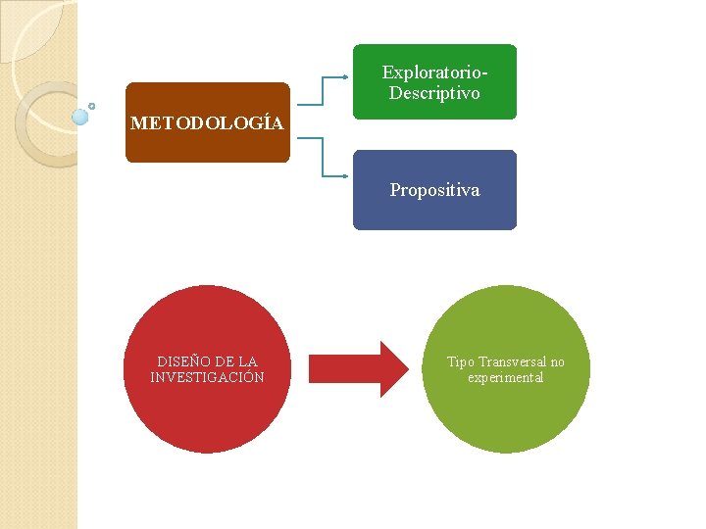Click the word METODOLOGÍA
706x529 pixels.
coord(207,123)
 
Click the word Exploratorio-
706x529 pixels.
coord(434,72)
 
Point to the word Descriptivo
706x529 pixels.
coord(434,93)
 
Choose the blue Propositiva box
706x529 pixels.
coord(434,212)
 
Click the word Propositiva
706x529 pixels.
coord(434,190)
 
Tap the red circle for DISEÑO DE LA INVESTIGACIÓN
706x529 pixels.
coord(207,411)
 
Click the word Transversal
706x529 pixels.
coord(511,362)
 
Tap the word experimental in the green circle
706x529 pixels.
coord(506,378)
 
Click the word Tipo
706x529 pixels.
coord(461,362)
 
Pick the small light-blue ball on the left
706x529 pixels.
coord(80,117)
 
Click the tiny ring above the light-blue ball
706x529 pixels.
coord(91,105)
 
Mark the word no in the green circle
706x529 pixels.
coord(556,362)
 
